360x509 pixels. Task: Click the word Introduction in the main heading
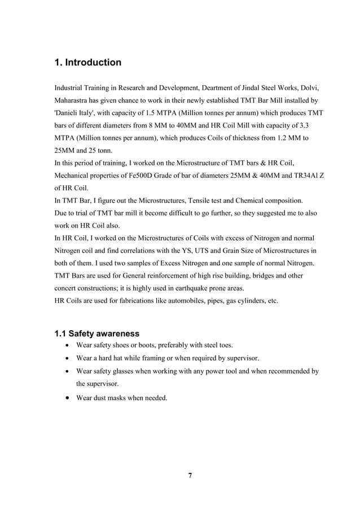pos(93,63)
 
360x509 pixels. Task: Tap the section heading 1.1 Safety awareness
pos(96,333)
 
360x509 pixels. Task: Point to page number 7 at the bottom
pos(190,476)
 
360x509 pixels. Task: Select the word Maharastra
pos(74,101)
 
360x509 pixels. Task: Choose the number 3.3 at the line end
pos(318,126)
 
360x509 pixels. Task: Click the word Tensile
pos(209,200)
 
